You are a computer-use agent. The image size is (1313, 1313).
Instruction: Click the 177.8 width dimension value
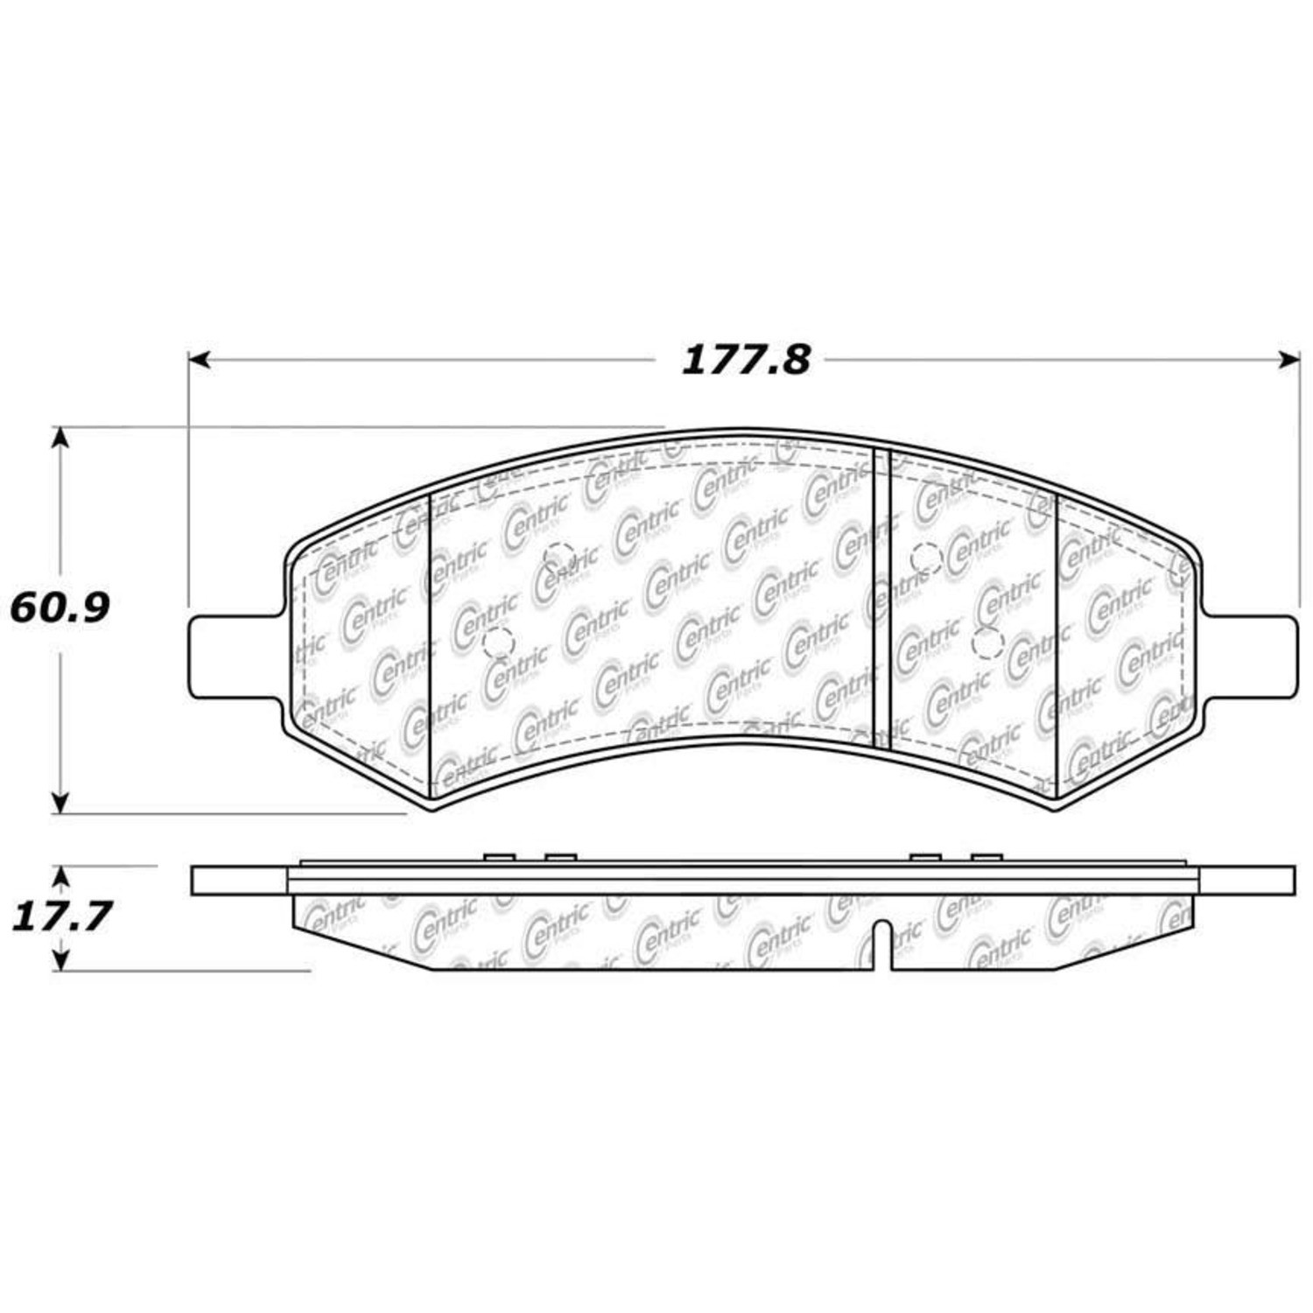coord(746,360)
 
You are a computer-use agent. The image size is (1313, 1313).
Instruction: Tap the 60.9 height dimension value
coord(60,607)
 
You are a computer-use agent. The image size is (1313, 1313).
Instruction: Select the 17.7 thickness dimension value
coord(61,917)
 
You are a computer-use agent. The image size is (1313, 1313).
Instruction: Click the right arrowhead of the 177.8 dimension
coord(1288,360)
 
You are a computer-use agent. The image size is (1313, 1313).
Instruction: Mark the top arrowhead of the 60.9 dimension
coord(60,438)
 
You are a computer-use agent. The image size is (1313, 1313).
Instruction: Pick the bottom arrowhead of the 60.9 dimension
coord(60,803)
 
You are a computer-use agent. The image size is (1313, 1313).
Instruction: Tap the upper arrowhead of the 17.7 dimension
coord(60,877)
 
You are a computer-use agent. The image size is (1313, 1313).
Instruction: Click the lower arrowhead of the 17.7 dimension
coord(60,960)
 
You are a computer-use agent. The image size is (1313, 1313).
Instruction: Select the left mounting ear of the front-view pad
coord(238,656)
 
